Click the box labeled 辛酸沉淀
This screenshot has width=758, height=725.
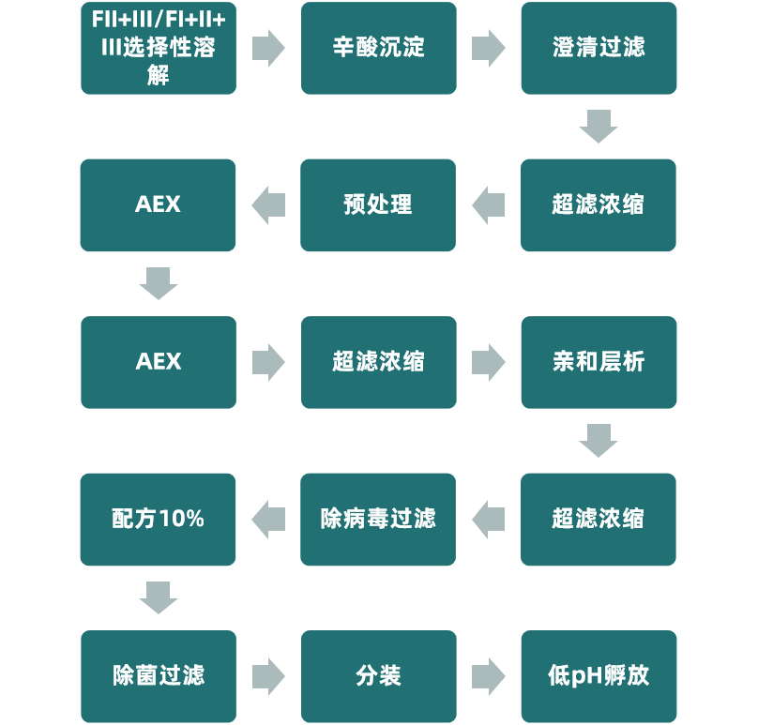pos(378,48)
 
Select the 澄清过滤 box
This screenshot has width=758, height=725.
pos(599,48)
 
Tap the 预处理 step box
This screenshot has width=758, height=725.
pos(378,204)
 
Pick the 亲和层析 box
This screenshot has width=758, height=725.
pos(599,362)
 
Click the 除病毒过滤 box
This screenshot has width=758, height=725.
pos(378,519)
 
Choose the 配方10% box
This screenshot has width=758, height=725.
pos(158,519)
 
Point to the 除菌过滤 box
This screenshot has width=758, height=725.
pos(158,675)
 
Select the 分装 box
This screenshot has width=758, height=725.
pos(378,675)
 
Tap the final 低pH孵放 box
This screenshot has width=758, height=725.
pos(599,675)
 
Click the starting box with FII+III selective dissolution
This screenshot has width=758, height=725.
pos(158,48)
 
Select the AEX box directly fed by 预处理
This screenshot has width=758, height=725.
pos(158,204)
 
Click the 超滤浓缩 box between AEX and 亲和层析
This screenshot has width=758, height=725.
pos(378,362)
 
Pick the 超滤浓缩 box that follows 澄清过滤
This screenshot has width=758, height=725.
pos(599,204)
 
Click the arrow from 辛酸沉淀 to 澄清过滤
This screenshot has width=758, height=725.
pos(488,48)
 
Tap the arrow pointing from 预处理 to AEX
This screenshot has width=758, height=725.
pos(268,204)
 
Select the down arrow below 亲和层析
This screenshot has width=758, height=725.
pos(599,440)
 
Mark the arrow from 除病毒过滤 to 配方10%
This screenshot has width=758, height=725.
pos(268,519)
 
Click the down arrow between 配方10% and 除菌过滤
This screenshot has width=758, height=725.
pos(158,597)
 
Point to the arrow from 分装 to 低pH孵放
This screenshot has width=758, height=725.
pos(488,675)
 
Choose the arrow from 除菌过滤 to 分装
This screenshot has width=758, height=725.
pos(268,675)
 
